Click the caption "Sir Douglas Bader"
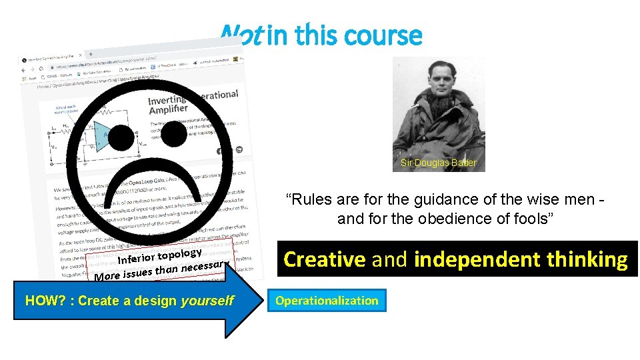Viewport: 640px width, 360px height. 439,163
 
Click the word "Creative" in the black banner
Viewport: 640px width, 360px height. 325,259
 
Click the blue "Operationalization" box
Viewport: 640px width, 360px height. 327,301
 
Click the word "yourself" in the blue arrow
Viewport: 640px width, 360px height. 207,301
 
